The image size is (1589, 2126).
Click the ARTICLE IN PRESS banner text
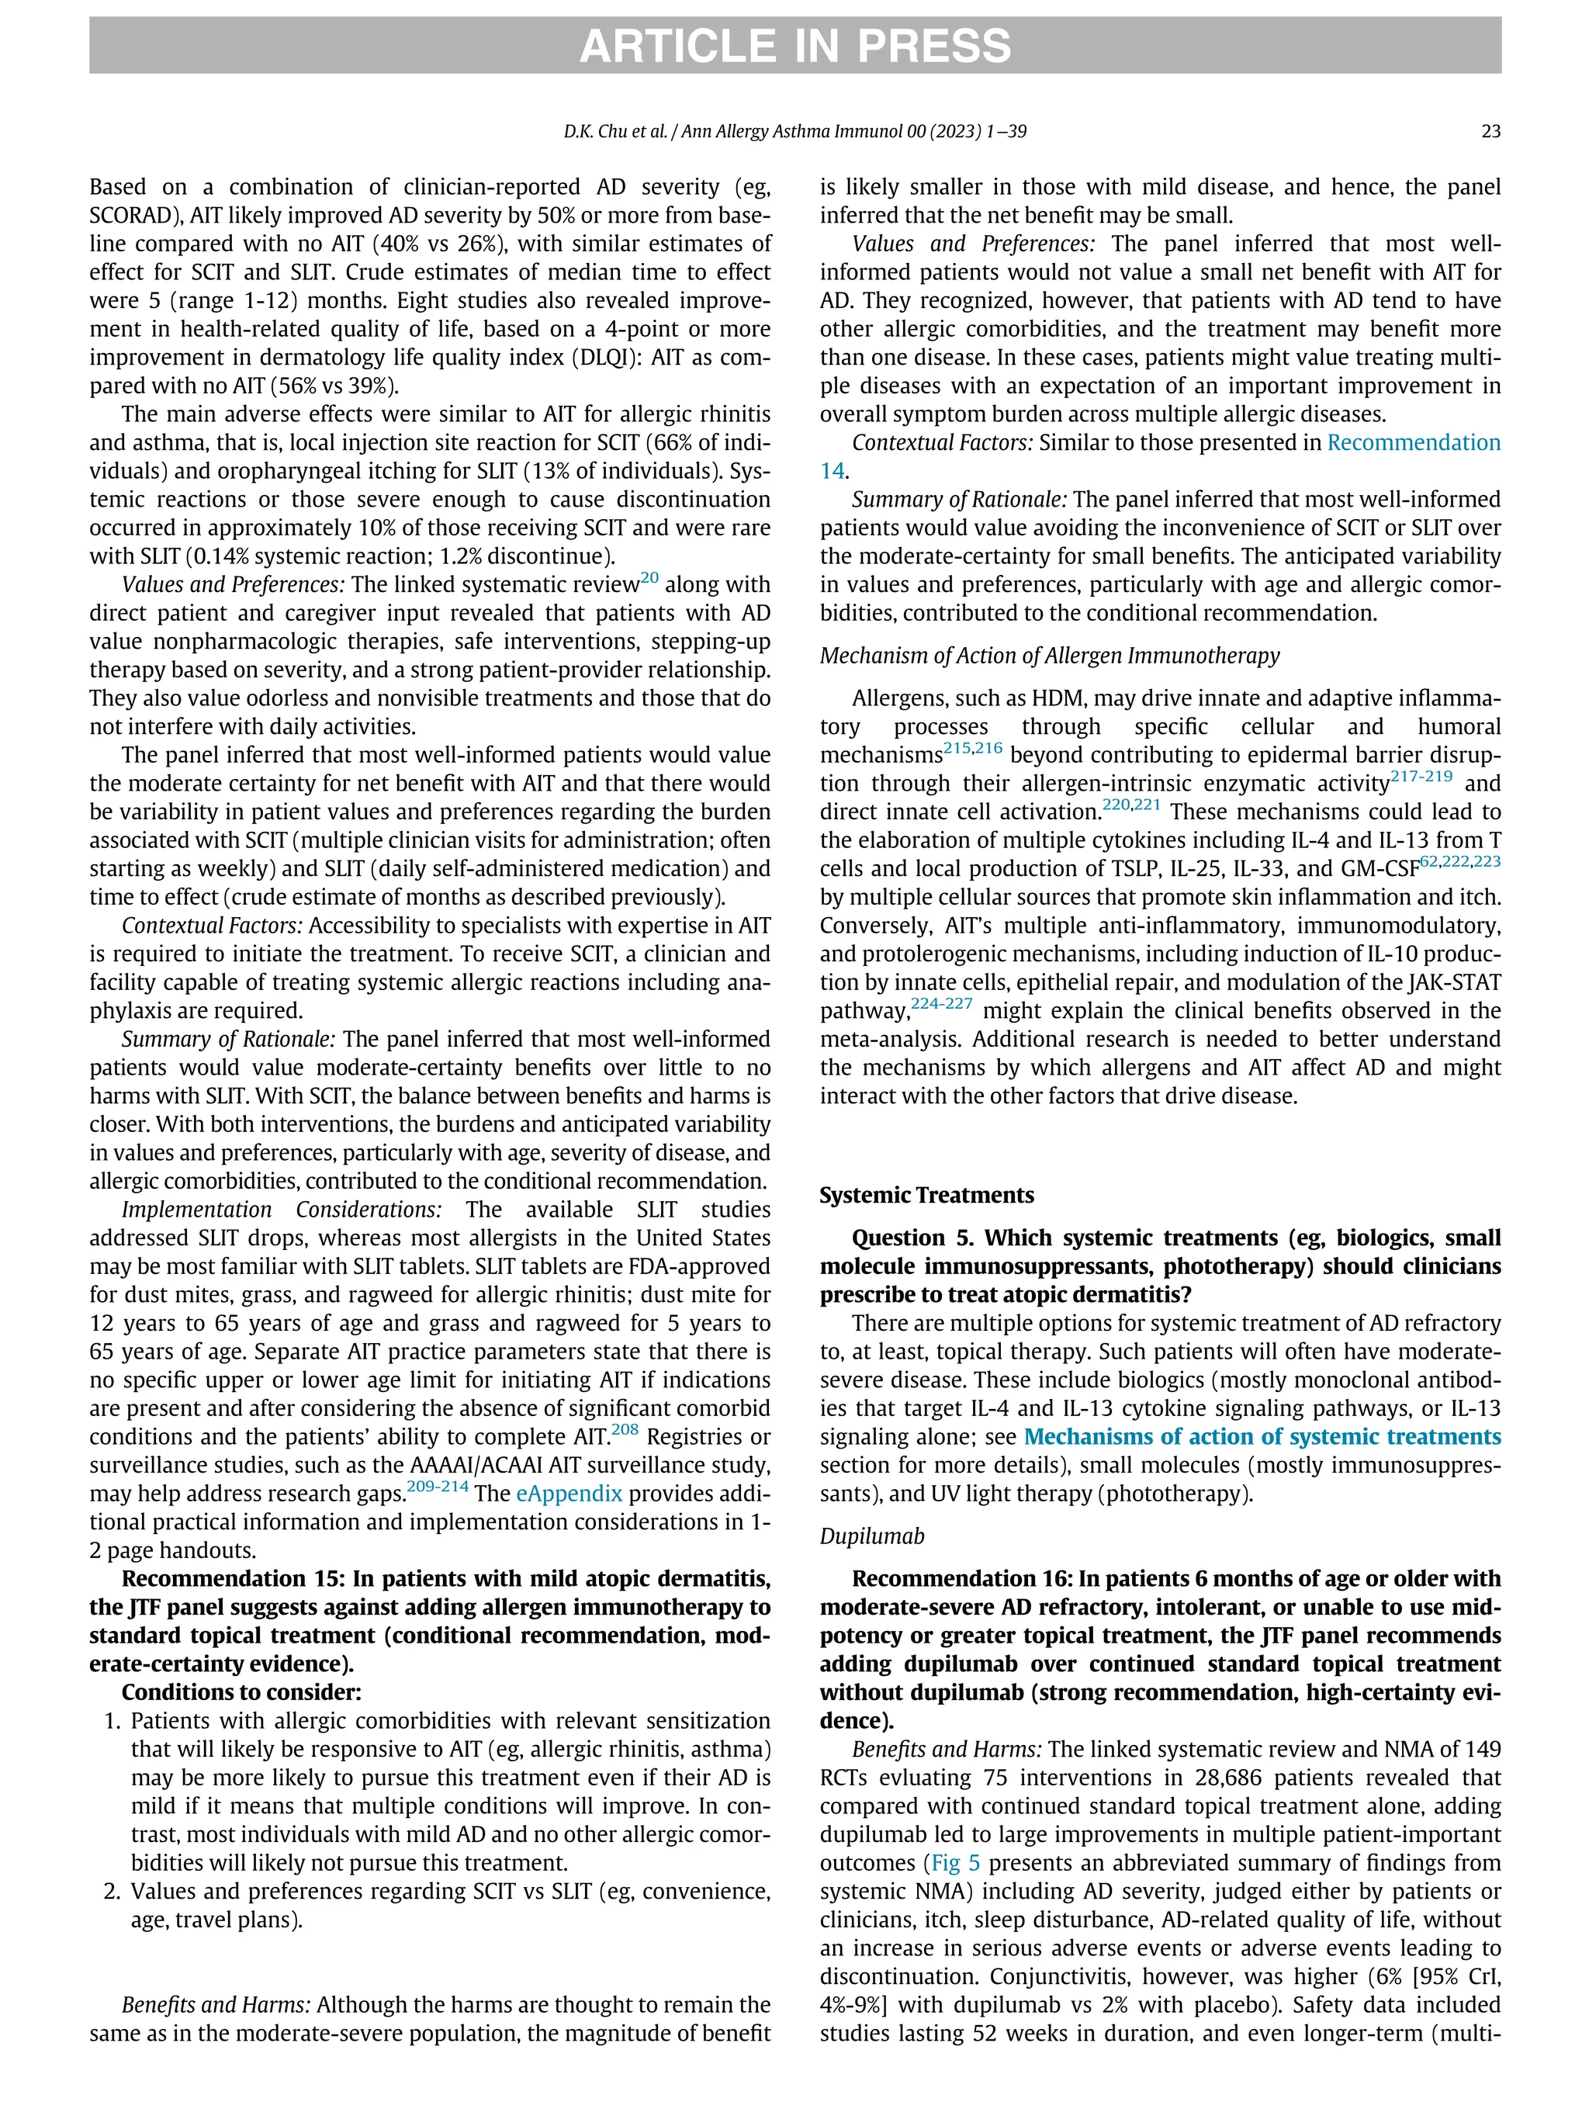[x=794, y=46]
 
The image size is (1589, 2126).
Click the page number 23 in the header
[x=1490, y=132]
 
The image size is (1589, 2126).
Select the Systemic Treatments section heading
[x=926, y=1196]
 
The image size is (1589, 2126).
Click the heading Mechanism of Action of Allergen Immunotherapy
[x=1050, y=656]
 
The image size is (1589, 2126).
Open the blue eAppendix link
[x=569, y=1494]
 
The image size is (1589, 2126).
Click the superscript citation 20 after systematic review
[x=650, y=577]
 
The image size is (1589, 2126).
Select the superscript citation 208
[x=625, y=1430]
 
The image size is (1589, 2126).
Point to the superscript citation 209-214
[x=438, y=1487]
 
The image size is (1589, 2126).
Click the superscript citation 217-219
[x=1421, y=777]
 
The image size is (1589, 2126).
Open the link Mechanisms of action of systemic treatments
[x=1262, y=1437]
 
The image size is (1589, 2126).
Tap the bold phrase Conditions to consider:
[x=241, y=1692]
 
